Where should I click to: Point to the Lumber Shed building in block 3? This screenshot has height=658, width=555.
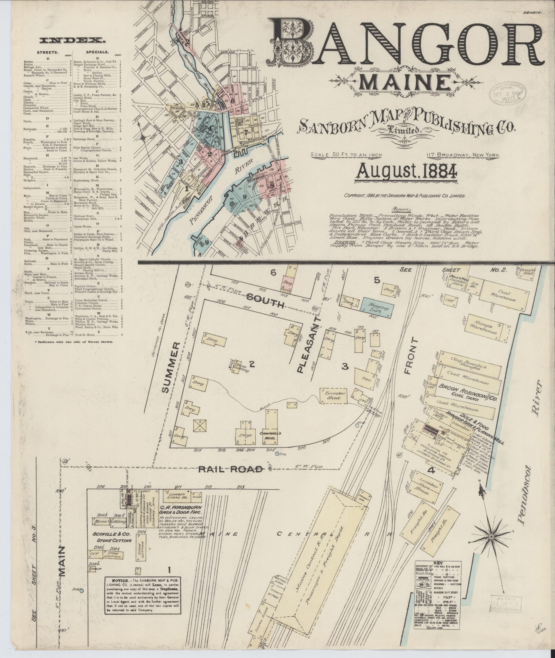(334, 396)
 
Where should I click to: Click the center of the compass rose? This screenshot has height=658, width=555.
(490, 536)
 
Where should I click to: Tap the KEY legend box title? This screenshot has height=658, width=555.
(438, 563)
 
